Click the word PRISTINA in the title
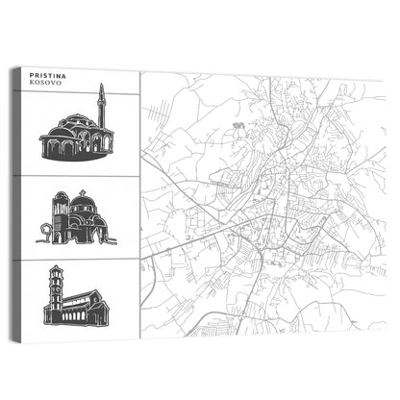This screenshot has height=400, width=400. [x=49, y=74]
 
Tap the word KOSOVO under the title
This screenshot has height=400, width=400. [x=45, y=83]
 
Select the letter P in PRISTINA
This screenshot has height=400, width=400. [x=33, y=74]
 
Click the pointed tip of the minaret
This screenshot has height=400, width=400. [x=100, y=86]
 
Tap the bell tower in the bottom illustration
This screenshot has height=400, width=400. [x=57, y=293]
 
